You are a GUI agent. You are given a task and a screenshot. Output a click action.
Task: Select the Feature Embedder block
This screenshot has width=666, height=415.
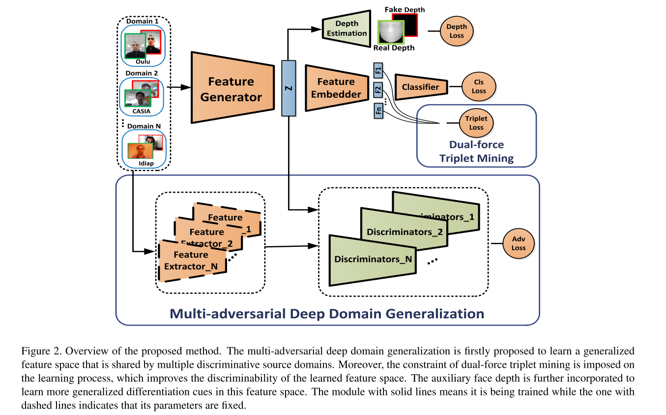(336, 88)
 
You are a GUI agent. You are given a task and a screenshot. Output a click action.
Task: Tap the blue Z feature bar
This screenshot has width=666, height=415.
(289, 88)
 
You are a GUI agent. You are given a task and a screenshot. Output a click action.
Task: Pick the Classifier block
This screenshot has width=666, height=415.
(421, 87)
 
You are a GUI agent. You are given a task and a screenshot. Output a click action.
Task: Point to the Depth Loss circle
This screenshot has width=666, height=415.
(457, 31)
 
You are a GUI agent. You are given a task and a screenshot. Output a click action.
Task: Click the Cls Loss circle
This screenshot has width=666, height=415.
(479, 87)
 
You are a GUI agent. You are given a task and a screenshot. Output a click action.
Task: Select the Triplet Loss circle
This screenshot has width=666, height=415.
(476, 123)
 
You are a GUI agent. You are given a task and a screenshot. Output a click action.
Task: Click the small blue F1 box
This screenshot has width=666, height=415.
(378, 71)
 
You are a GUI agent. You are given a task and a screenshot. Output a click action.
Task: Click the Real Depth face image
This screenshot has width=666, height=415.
(390, 32)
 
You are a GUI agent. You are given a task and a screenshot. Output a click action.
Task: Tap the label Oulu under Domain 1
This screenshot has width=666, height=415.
(143, 62)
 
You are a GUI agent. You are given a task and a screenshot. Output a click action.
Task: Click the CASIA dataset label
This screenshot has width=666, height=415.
(142, 111)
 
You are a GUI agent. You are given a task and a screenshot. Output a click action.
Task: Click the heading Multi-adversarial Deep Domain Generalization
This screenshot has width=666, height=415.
(327, 314)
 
